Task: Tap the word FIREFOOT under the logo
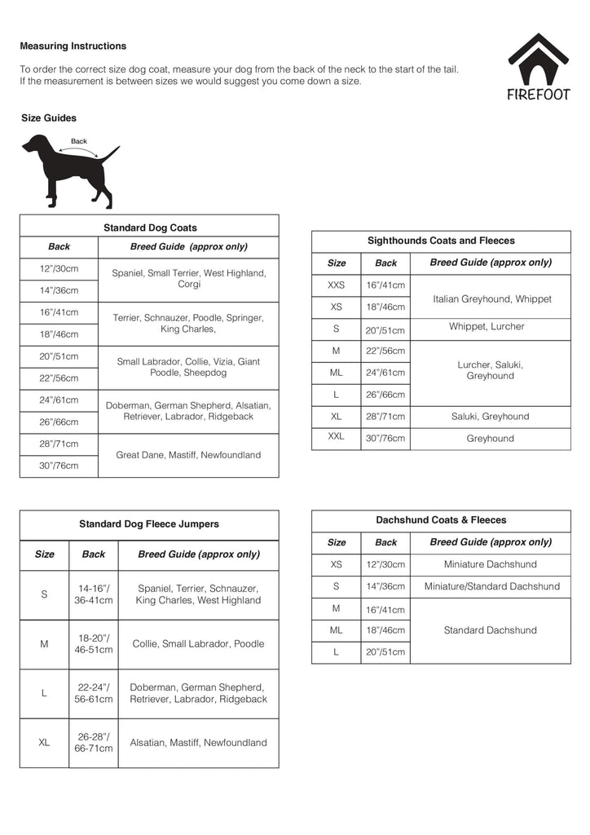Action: (x=539, y=94)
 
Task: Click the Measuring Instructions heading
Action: (x=73, y=46)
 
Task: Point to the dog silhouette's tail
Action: (x=110, y=153)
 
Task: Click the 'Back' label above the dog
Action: (x=79, y=141)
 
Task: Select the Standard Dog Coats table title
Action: (x=150, y=228)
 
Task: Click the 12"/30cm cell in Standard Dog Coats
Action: (x=59, y=268)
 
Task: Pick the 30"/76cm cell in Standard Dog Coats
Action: (x=59, y=466)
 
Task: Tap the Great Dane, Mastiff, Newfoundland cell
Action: (x=188, y=455)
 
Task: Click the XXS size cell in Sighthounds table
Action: (x=336, y=285)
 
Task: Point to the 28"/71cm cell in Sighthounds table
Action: (x=385, y=417)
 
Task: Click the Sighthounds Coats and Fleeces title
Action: (x=441, y=241)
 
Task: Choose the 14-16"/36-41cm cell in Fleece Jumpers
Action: (x=94, y=594)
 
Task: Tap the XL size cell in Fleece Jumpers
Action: (x=44, y=743)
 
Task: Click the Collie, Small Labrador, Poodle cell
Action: (x=198, y=644)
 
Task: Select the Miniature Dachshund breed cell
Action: (x=491, y=564)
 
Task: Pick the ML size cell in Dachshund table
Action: (x=336, y=630)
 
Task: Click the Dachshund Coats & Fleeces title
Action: (x=441, y=519)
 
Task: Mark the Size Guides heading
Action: (x=49, y=118)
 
